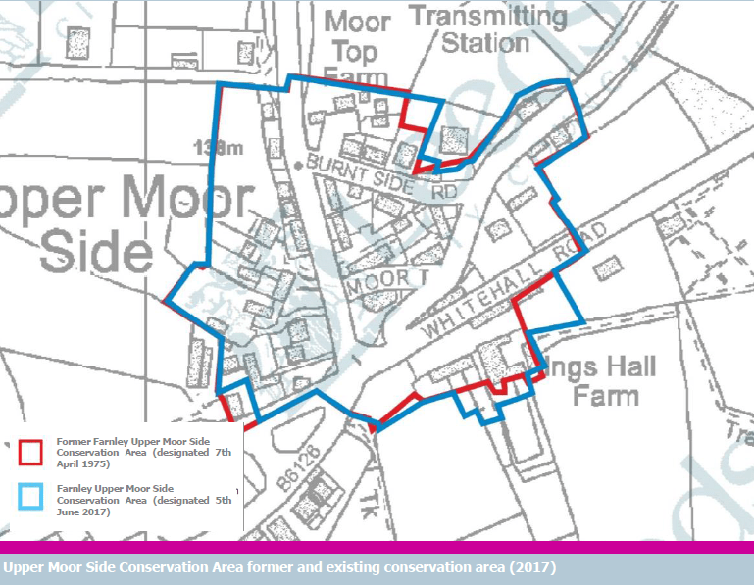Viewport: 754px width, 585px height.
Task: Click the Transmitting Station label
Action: tap(488, 30)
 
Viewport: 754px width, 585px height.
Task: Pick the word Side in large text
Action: tap(97, 253)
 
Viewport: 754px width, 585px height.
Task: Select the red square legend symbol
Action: tap(30, 452)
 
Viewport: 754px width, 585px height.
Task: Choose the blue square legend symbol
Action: tap(30, 498)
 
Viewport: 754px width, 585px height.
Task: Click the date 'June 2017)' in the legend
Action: tap(83, 512)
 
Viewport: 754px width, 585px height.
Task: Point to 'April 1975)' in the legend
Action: tap(84, 464)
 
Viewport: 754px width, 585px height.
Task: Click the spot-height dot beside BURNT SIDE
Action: tap(298, 165)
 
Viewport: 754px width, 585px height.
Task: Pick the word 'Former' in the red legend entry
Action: tap(75, 441)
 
